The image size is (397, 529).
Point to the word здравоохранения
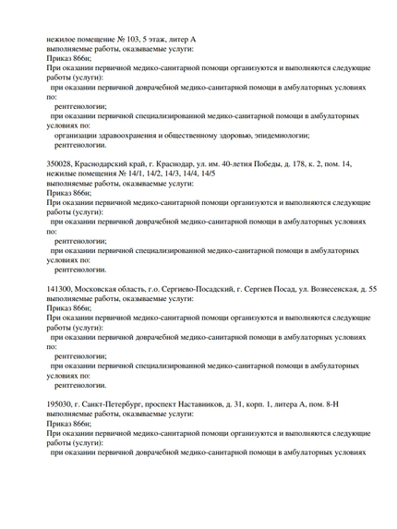(x=124, y=136)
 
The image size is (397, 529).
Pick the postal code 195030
(x=61, y=404)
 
